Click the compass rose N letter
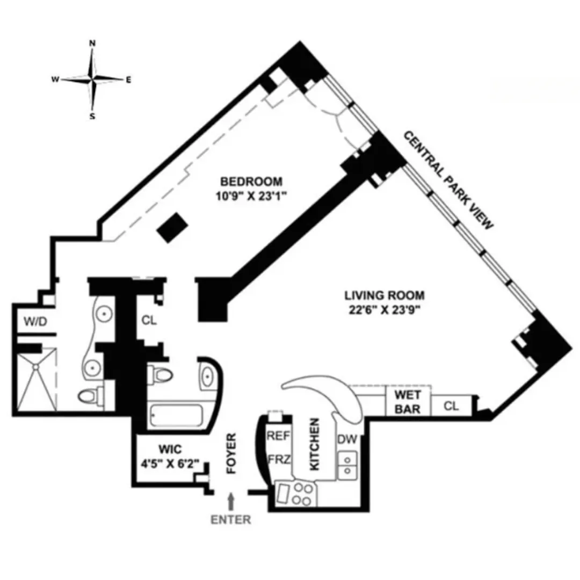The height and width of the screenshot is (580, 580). tap(92, 44)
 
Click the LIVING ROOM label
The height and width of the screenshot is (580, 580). tap(385, 295)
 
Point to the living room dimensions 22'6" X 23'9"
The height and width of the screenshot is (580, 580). tap(385, 309)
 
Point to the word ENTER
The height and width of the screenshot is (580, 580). tap(231, 519)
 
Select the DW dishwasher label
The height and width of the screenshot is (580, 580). tap(347, 439)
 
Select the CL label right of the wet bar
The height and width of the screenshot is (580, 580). tap(452, 407)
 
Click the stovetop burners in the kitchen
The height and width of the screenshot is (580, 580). tap(303, 494)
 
